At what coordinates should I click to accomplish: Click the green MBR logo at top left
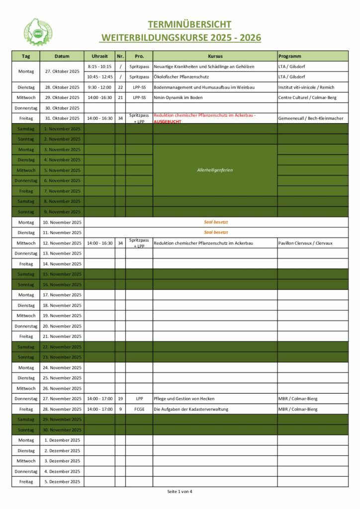pyautogui.click(x=38, y=31)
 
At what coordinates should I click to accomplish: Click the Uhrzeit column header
pyautogui.click(x=99, y=56)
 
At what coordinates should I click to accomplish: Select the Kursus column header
pyautogui.click(x=215, y=56)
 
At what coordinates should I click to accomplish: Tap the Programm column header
pyautogui.click(x=290, y=56)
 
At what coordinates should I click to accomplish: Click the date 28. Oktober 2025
pyautogui.click(x=62, y=87)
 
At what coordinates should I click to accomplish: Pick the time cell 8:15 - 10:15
pyautogui.click(x=99, y=67)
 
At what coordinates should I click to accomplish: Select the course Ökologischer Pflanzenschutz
pyautogui.click(x=181, y=77)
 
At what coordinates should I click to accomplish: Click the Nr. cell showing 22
pyautogui.click(x=120, y=87)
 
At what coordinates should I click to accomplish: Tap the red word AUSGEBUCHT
pyautogui.click(x=168, y=122)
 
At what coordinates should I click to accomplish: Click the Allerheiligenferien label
pyautogui.click(x=215, y=170)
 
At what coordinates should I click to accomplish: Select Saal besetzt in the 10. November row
pyautogui.click(x=216, y=222)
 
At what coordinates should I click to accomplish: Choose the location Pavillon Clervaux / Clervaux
pyautogui.click(x=305, y=243)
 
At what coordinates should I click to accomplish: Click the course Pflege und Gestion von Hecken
pyautogui.click(x=187, y=399)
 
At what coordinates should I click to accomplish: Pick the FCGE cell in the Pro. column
pyautogui.click(x=139, y=409)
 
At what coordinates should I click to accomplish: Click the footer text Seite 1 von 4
pyautogui.click(x=180, y=492)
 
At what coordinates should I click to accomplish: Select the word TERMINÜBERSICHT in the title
pyautogui.click(x=189, y=24)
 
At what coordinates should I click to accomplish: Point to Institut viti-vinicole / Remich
pyautogui.click(x=306, y=87)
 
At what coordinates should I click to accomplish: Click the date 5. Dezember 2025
pyautogui.click(x=62, y=482)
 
